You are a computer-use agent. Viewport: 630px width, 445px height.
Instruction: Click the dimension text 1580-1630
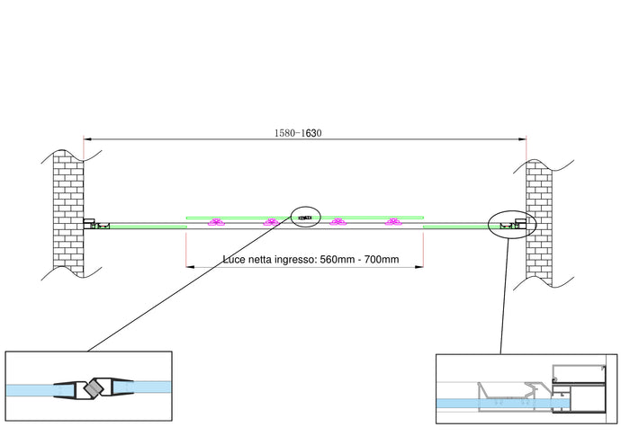click(x=298, y=133)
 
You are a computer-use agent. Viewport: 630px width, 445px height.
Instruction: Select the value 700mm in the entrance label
click(x=378, y=260)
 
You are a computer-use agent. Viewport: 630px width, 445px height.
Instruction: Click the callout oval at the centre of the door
click(x=306, y=217)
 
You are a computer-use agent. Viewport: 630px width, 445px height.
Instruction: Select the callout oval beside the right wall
click(x=512, y=224)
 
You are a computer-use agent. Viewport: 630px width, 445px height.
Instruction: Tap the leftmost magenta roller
click(x=216, y=223)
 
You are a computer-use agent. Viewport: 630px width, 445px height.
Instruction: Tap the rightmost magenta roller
click(x=391, y=223)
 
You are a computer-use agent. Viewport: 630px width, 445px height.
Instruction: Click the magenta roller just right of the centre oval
click(x=337, y=223)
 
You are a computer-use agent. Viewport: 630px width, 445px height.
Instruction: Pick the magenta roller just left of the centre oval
click(x=270, y=223)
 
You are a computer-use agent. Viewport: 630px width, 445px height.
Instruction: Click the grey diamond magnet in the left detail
click(x=92, y=389)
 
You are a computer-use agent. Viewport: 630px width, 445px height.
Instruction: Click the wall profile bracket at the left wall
click(x=90, y=223)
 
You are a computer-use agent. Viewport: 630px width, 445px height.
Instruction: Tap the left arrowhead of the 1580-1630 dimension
click(x=85, y=138)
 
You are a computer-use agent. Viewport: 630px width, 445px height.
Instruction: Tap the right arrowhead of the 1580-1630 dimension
click(x=524, y=138)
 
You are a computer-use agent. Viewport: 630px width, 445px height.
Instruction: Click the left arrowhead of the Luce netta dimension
click(x=188, y=267)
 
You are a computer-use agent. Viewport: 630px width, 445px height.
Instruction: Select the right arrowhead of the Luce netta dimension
click(x=421, y=267)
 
